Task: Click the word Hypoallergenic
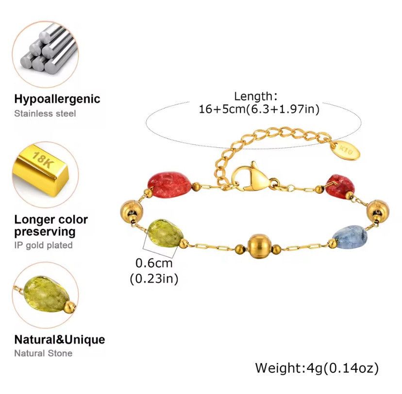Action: pos(57,99)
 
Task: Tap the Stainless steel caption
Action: pos(45,113)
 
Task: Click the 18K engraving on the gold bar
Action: pos(42,160)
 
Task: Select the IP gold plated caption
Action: pos(44,245)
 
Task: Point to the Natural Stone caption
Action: pos(43,353)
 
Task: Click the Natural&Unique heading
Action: pos(60,340)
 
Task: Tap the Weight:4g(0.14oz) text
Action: pos(317,368)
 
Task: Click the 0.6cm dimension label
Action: pos(154,263)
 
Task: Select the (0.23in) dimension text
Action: pos(154,278)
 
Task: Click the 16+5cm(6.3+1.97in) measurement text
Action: pos(259,109)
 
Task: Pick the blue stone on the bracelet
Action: pos(349,237)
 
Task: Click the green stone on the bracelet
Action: pos(165,233)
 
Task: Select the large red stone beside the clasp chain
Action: pos(170,184)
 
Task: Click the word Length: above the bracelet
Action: pos(256,96)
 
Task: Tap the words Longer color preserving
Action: pos(51,226)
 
